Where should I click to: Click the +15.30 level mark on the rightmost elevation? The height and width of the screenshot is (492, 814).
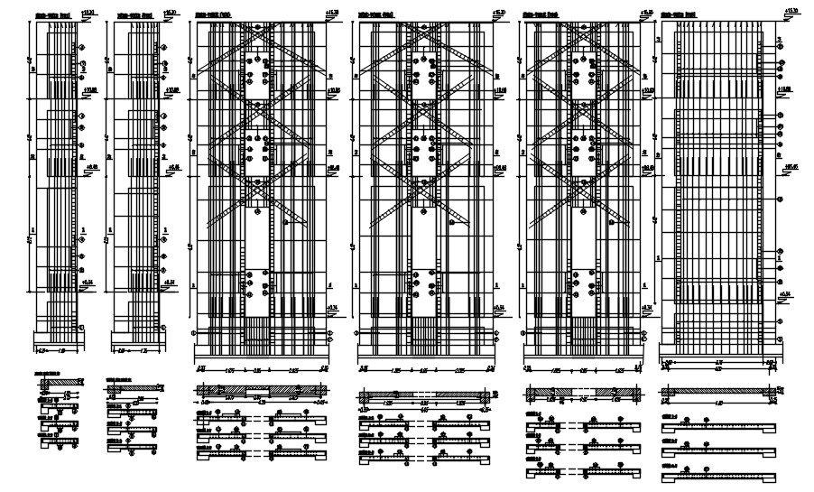pos(791,11)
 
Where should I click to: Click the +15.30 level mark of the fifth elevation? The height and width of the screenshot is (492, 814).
pos(644,11)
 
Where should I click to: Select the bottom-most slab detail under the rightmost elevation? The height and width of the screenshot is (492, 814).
pos(719,474)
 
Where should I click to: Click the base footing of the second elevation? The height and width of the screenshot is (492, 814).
pos(138,342)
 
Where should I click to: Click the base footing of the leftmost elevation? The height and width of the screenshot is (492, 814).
pos(60,342)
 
